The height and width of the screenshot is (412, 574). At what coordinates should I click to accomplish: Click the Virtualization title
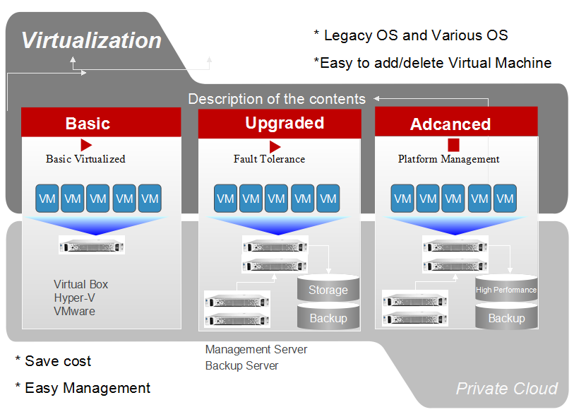(x=91, y=40)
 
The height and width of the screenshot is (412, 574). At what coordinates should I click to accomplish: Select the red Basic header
(x=101, y=122)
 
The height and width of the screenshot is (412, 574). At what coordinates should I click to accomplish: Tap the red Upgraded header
(x=280, y=124)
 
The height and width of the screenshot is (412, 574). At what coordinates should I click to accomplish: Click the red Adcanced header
(x=456, y=122)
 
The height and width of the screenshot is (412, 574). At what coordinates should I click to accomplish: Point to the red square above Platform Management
(x=453, y=145)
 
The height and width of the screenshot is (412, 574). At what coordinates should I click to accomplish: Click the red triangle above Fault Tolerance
(x=275, y=146)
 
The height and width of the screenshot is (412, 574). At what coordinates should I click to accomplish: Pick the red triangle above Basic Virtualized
(x=86, y=145)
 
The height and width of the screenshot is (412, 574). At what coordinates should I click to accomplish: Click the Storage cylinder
(x=328, y=288)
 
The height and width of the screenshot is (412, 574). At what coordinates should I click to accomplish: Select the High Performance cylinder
(x=506, y=288)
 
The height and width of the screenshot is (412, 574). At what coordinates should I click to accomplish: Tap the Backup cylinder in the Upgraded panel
(x=328, y=317)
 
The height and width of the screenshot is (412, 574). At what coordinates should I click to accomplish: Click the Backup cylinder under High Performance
(x=506, y=317)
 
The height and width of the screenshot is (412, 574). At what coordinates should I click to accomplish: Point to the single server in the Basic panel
(x=92, y=245)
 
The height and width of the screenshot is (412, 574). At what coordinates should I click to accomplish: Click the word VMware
(x=74, y=311)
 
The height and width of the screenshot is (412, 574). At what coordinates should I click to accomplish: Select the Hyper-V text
(x=74, y=298)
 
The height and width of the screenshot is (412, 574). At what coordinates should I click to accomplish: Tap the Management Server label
(x=256, y=349)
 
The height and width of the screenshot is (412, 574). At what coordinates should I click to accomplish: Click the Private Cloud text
(x=507, y=389)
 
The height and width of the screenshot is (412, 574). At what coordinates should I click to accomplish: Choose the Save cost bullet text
(x=53, y=361)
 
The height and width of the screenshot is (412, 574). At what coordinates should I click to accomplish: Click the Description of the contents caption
(x=277, y=99)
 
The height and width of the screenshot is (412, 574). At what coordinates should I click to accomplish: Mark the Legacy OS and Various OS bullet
(x=411, y=35)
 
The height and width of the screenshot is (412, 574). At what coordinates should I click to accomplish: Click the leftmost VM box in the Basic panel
(x=47, y=199)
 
